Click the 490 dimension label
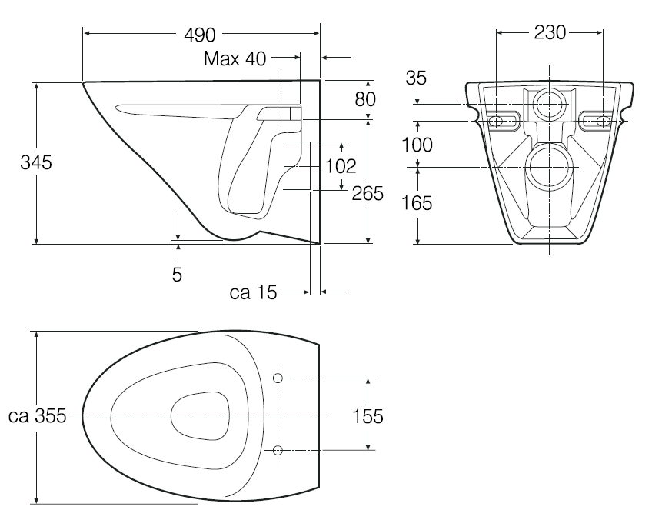pyautogui.click(x=200, y=35)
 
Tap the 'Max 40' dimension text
pyautogui.click(x=235, y=58)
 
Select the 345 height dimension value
pyautogui.click(x=37, y=163)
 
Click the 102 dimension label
pyautogui.click(x=341, y=165)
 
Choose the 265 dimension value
pyautogui.click(x=367, y=194)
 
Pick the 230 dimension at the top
pyautogui.click(x=550, y=32)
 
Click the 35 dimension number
pyautogui.click(x=416, y=78)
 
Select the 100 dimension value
pyautogui.click(x=416, y=145)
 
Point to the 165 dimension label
pyautogui.click(x=416, y=203)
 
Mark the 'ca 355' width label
pyautogui.click(x=35, y=417)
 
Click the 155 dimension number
pyautogui.click(x=368, y=417)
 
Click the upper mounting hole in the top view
pyautogui.click(x=278, y=378)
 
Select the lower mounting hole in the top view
pyautogui.click(x=278, y=449)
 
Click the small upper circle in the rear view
pyautogui.click(x=550, y=104)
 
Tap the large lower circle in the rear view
pyautogui.click(x=550, y=167)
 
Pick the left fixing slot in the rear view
pyautogui.click(x=499, y=120)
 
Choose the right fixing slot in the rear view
pyautogui.click(x=600, y=120)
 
